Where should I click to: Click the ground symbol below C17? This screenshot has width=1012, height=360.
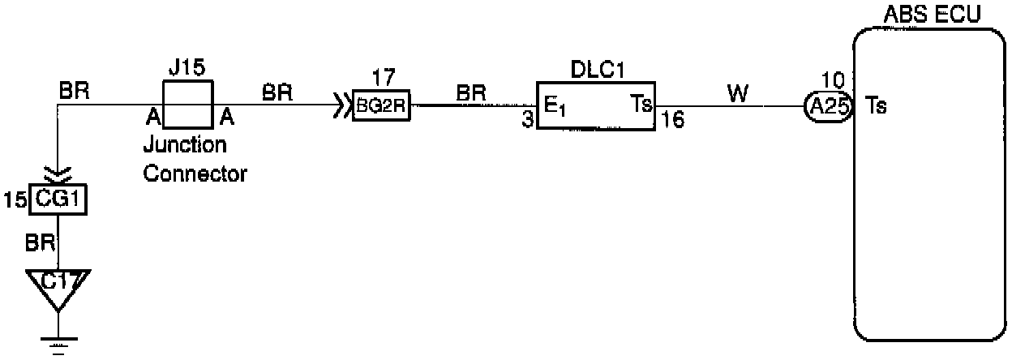(x=57, y=344)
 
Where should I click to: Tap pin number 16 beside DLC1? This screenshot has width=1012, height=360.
(x=671, y=122)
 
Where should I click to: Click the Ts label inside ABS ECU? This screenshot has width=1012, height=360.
(x=876, y=107)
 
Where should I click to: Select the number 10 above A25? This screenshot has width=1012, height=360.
(x=833, y=80)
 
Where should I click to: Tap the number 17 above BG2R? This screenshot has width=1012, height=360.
(x=381, y=79)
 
